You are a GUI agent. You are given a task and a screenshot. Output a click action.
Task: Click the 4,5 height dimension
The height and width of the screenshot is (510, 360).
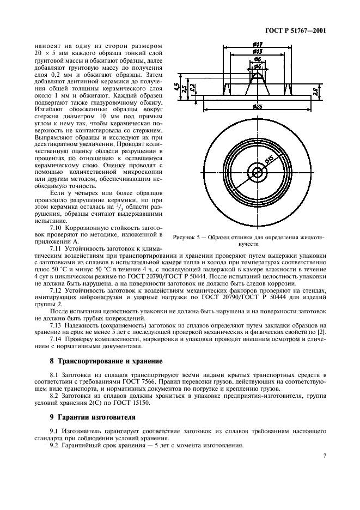click(x=177, y=86)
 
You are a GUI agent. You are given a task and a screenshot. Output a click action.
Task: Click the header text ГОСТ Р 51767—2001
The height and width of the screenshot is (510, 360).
click(x=296, y=31)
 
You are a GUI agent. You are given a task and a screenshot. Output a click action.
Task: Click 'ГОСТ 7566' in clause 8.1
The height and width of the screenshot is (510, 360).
click(x=158, y=382)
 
